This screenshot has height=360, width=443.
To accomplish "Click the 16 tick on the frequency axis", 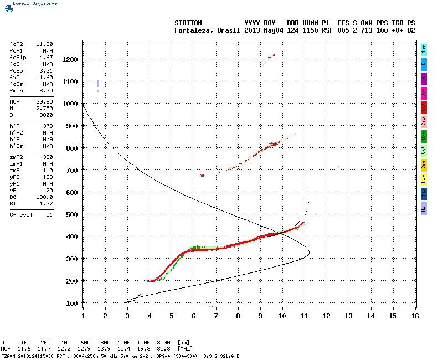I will tap(415, 316).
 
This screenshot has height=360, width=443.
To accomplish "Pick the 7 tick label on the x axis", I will tap(215, 316).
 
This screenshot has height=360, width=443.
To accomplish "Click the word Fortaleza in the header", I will tap(193, 30).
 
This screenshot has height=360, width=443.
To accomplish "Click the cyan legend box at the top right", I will tap(424, 49).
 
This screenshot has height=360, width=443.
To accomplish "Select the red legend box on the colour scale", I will tap(424, 107).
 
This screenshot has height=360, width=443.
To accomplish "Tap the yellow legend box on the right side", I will tap(424, 164).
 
